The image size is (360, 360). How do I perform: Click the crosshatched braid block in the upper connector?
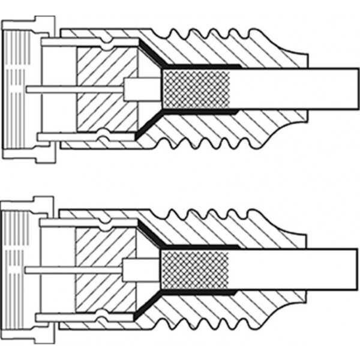point(196,89)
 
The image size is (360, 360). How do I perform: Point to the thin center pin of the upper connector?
point(72,89)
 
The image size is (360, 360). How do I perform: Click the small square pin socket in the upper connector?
point(130,89)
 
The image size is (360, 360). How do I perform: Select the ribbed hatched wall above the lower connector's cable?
point(210,226)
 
